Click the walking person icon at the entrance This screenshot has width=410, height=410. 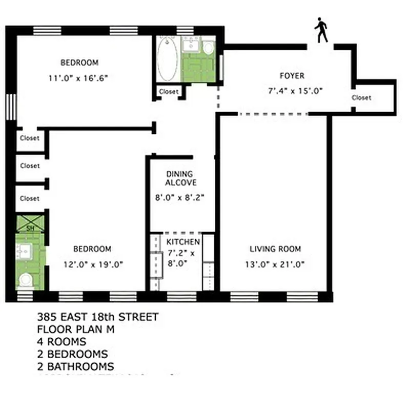321,31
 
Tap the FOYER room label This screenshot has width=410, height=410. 292,76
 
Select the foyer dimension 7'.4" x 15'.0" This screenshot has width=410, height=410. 295,90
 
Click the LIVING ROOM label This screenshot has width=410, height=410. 275,250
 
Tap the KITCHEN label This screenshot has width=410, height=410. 183,241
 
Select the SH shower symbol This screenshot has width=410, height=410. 30,223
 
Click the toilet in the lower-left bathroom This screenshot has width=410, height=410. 26,279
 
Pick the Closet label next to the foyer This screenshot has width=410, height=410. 361,97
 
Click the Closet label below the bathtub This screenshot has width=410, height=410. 169,92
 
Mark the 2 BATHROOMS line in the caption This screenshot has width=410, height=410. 75,366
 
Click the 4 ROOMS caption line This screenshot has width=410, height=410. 61,342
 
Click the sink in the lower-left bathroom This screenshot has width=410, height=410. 25,251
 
